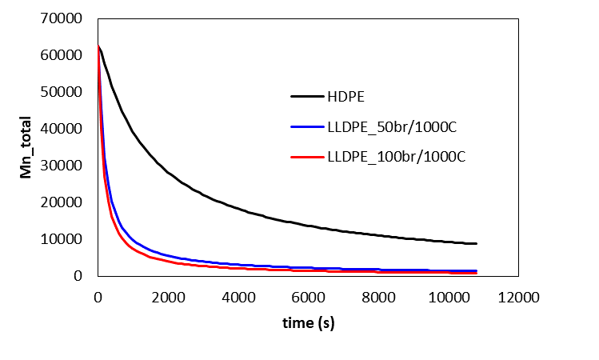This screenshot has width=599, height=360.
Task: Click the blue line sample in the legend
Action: pos(305,126)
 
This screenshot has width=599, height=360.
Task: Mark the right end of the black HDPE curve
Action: pos(476,243)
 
